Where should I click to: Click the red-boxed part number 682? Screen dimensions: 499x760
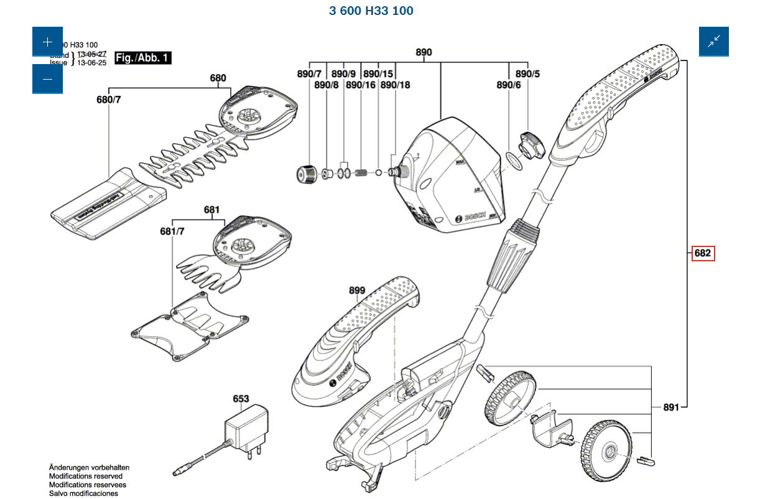pos(703,253)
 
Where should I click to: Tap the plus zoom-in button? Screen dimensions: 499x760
pos(47,42)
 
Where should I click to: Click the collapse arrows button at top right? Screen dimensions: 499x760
pos(713,42)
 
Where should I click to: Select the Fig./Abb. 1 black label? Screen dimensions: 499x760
pos(143,58)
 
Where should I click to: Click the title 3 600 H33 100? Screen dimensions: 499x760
pos(371,11)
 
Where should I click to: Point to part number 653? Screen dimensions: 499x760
pos(241,399)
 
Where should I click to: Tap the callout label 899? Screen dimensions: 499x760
pos(357,291)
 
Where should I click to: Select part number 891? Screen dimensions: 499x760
pos(670,408)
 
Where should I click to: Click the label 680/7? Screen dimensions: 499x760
pos(109,100)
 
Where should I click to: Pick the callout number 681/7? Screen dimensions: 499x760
pos(172,231)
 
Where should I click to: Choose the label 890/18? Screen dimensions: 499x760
pos(396,85)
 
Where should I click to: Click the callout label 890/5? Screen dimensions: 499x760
pos(527,74)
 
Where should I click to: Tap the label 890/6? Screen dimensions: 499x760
pos(508,85)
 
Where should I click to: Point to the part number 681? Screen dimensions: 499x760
pos(211,210)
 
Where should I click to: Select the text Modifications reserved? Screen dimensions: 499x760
pos(86,476)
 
